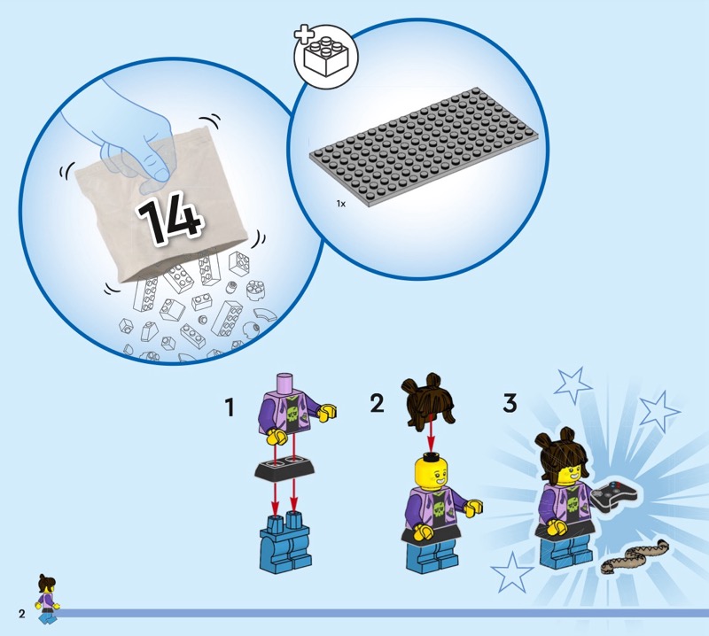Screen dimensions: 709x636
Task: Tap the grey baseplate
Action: coord(425,146)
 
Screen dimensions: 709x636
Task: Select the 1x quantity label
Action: coord(341,204)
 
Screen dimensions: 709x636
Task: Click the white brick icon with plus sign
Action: coord(325,56)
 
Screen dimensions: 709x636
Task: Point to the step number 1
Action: coord(230,407)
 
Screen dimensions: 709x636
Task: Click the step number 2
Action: coord(378,403)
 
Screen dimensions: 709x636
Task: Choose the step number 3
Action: coord(510,403)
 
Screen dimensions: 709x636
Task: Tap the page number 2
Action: coord(21,613)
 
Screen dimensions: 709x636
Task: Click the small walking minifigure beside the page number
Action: coord(47,599)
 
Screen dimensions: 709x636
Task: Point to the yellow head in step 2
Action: coord(431,473)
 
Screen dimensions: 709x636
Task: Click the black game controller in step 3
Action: coord(614,494)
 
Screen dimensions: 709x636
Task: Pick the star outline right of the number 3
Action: coord(573,385)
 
